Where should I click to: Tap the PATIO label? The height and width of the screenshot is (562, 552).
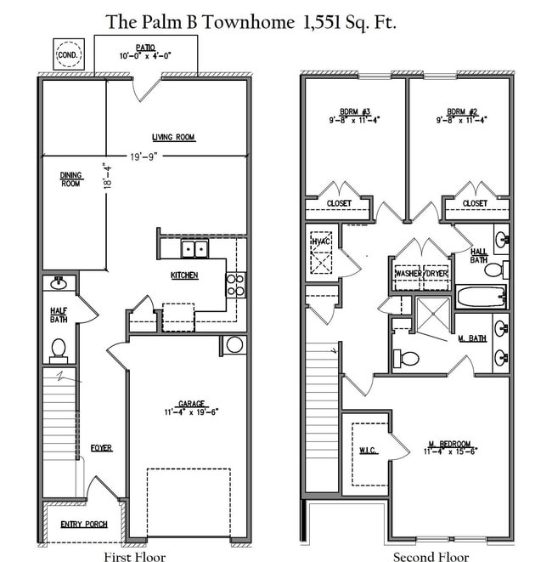pos(145,48)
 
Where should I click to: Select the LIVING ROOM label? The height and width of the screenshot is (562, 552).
pos(173,137)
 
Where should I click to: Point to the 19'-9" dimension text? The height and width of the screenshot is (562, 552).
pos(144,156)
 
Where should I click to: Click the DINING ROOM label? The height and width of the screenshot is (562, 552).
pos(70,179)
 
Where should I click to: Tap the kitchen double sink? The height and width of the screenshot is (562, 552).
pos(194,248)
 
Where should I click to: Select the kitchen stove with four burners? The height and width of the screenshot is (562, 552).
pos(235,285)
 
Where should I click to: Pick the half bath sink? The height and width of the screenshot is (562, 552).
pos(59,283)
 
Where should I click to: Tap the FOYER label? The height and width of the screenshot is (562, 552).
pos(101,448)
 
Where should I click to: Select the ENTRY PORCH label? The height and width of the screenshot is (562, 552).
pos(84,525)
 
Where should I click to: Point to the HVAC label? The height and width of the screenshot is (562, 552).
pos(321,241)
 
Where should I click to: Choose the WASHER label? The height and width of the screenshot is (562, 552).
pos(408,274)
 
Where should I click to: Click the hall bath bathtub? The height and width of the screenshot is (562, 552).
pos(482,297)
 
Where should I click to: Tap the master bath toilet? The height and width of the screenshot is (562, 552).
pos(406,359)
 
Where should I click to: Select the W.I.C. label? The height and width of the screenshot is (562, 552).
pos(368,450)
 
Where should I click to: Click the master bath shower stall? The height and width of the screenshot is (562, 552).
pos(433,315)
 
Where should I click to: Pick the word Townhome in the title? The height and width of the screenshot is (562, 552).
pos(249,22)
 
